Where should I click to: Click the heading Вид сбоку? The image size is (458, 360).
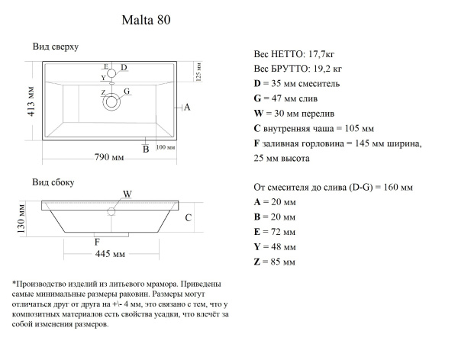tap(53, 183)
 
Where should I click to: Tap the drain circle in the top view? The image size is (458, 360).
tap(113, 100)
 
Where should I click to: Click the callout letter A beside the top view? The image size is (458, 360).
tap(186, 108)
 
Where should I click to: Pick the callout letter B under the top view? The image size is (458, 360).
tap(145, 149)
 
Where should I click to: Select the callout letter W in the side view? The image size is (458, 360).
tap(127, 194)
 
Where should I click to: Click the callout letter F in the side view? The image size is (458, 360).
tap(97, 243)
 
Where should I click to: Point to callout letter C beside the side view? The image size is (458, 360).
tap(188, 217)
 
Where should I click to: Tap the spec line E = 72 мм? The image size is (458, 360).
tap(274, 230)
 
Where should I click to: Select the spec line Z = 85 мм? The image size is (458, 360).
tap(274, 262)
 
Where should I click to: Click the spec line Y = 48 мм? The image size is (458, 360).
tap(274, 246)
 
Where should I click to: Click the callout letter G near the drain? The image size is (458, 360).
tap(127, 91)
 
